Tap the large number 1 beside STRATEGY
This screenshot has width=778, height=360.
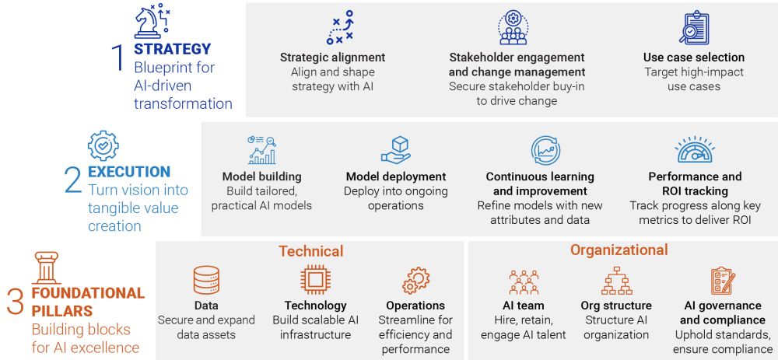(117, 58)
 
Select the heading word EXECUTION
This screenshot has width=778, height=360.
(129, 172)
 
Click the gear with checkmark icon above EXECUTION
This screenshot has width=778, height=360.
(103, 145)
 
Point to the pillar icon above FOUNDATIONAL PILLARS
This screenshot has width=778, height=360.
(47, 267)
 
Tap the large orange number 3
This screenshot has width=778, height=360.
(16, 303)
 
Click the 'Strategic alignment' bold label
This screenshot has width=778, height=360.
(332, 58)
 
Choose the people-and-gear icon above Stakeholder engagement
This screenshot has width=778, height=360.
(513, 28)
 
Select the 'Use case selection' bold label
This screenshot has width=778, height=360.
(694, 58)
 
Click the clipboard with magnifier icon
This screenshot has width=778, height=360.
(694, 28)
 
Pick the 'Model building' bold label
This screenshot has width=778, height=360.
(262, 177)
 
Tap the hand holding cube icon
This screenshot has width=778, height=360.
(396, 150)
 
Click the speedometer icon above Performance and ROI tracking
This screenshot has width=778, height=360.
(695, 150)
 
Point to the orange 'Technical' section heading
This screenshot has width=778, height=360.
(310, 251)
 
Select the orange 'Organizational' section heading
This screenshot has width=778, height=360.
(619, 250)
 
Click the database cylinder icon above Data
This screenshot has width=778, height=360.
(206, 281)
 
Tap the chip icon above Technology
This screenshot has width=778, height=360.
(316, 281)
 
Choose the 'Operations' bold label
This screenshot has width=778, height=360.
(415, 306)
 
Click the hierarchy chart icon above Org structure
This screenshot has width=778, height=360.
(617, 281)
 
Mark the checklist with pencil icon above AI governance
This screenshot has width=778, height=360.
(723, 281)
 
